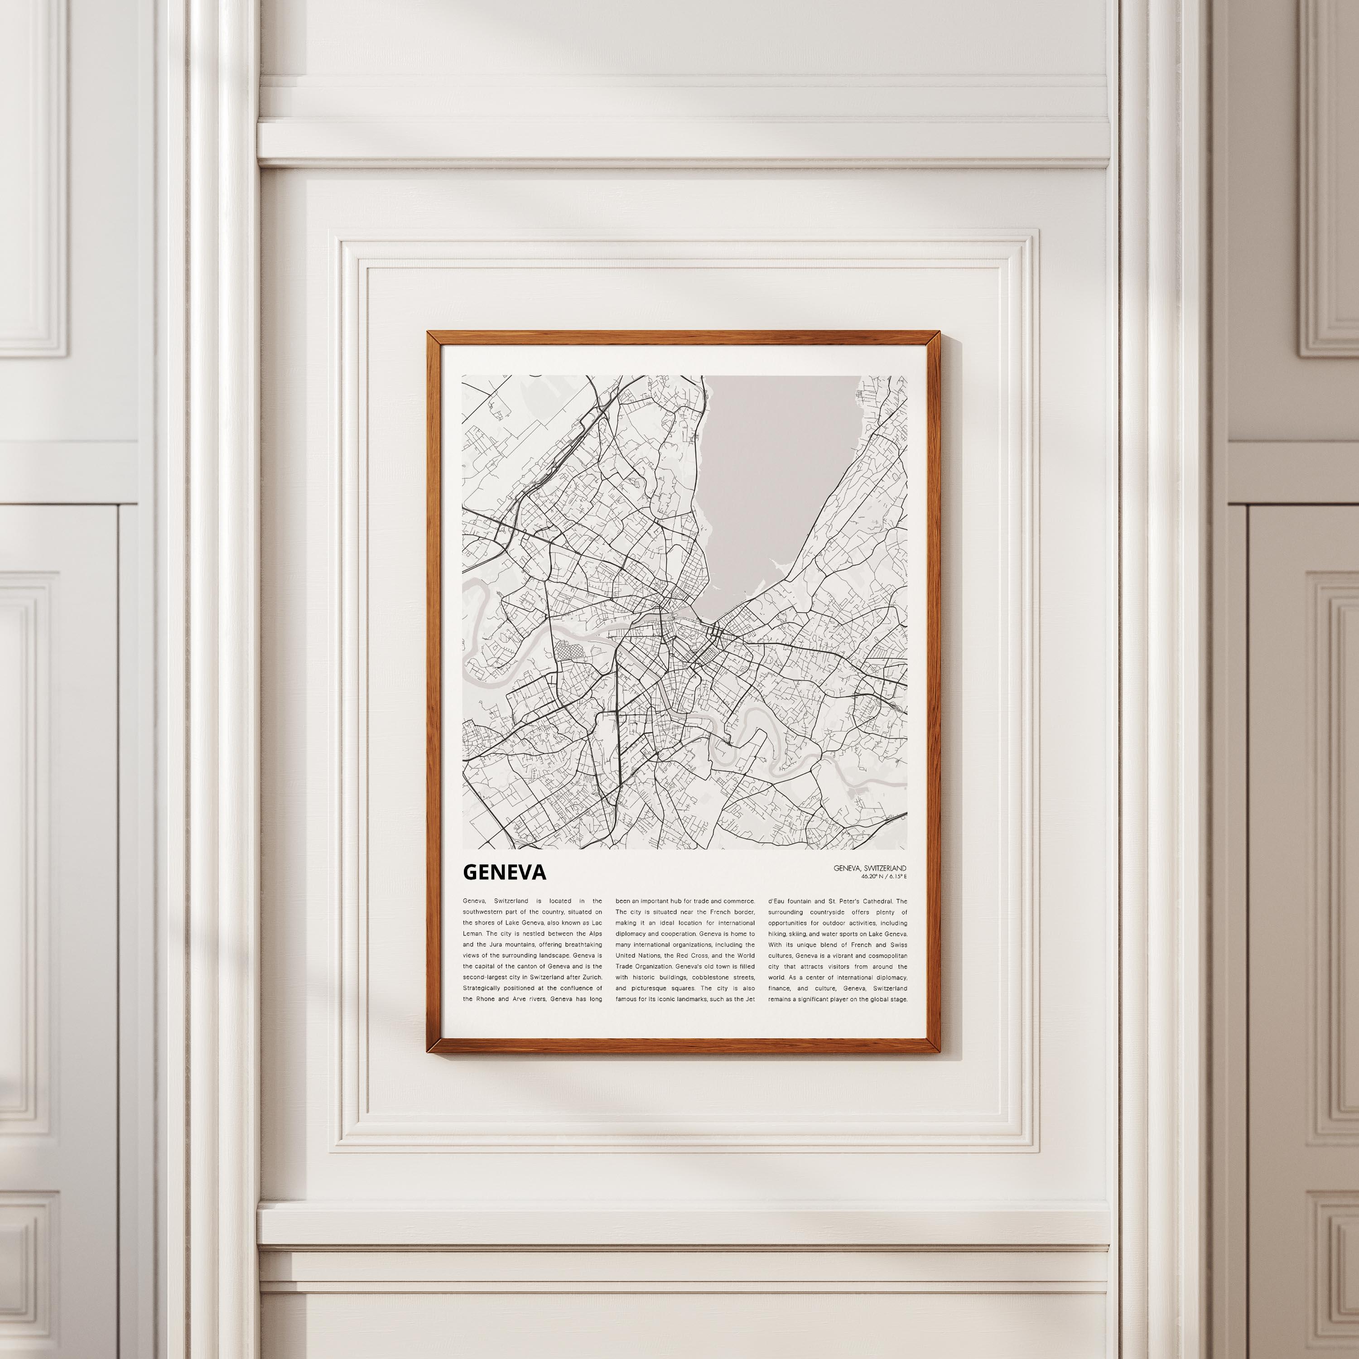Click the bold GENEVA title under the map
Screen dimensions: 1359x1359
click(x=504, y=872)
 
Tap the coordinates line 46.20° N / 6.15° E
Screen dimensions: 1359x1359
click(x=883, y=877)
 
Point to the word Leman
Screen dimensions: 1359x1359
click(x=472, y=934)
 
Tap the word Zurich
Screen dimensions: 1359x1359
click(x=591, y=978)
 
